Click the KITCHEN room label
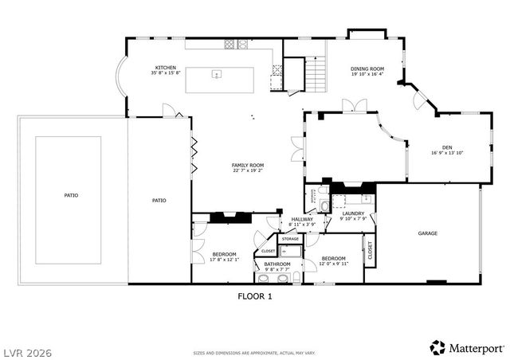(x=166, y=68)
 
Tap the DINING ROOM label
(x=367, y=68)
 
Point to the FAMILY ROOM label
(x=248, y=165)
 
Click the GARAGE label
(x=428, y=233)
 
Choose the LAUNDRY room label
(x=353, y=213)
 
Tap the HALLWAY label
(x=302, y=219)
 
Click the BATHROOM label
(x=277, y=264)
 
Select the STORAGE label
(x=290, y=239)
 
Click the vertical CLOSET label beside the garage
(x=370, y=250)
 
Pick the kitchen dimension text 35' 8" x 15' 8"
(x=166, y=73)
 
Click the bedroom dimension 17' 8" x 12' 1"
(x=224, y=259)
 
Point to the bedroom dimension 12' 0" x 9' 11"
(x=333, y=264)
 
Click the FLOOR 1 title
(x=255, y=295)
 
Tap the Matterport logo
(x=466, y=347)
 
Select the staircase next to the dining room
(x=317, y=76)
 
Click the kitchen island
(x=220, y=80)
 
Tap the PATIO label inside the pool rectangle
(x=71, y=195)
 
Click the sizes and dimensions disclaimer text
(x=254, y=351)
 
